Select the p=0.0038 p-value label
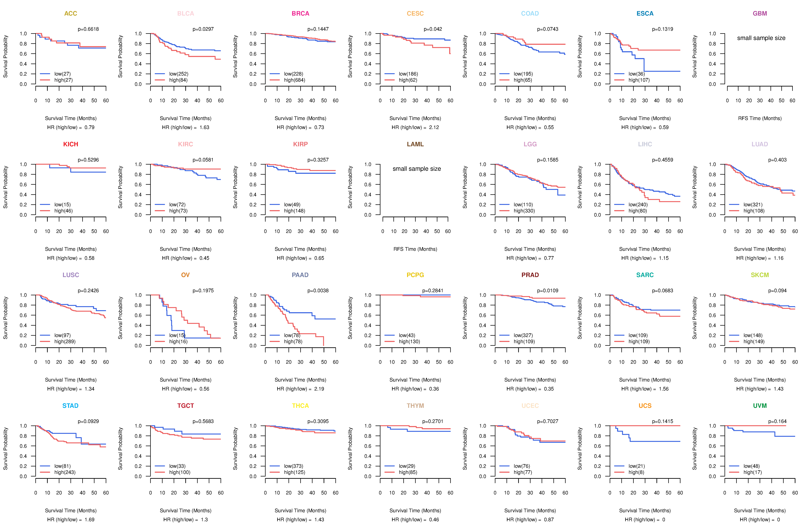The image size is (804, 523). (318, 291)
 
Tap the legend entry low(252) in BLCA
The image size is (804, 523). (179, 74)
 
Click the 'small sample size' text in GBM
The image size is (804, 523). (761, 38)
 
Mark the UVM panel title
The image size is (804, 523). (760, 406)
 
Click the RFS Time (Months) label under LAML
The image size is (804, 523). (415, 249)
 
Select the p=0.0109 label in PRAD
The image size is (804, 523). (548, 291)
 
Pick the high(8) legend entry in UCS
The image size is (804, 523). (636, 472)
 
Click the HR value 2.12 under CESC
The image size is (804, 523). (434, 127)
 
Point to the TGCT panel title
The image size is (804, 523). (185, 406)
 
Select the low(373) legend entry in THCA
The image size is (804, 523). (294, 466)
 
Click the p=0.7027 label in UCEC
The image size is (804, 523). (548, 422)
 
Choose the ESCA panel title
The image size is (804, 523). (645, 14)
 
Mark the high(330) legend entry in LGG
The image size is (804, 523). (524, 211)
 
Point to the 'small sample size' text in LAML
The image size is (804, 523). (416, 169)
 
